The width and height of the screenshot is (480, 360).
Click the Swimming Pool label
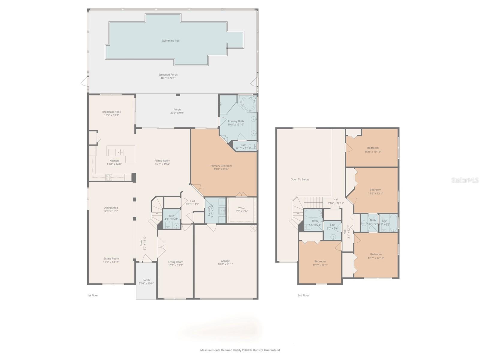171,41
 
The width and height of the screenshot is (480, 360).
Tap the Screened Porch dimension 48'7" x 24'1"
168,78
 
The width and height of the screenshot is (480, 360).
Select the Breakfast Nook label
112,112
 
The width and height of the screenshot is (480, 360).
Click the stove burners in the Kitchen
109,177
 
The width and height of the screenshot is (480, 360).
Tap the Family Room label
162,161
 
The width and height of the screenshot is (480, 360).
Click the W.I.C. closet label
241,208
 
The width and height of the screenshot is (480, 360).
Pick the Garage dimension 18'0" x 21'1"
225,264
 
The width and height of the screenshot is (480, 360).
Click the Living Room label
175,262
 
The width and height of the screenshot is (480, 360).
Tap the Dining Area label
111,208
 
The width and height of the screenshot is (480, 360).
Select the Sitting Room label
111,259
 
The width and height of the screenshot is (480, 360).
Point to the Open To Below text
300,179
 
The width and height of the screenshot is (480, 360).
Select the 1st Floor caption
92,295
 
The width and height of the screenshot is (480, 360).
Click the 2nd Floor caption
303,295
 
